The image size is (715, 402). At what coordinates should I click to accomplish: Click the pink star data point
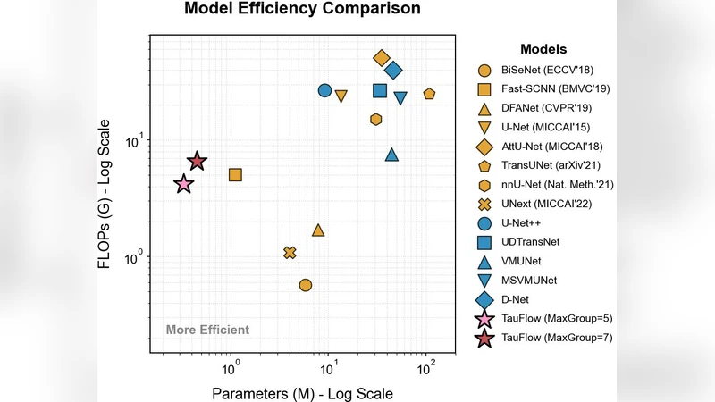[183, 184]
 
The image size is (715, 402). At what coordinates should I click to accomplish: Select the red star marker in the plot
[198, 162]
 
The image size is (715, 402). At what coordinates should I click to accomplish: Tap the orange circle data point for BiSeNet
[306, 285]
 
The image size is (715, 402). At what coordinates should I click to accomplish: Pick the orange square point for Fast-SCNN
[235, 175]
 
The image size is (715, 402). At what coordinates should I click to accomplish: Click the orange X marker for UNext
[290, 253]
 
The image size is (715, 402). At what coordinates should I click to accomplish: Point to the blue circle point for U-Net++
[324, 90]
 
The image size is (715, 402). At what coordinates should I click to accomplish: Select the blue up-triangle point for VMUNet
[391, 155]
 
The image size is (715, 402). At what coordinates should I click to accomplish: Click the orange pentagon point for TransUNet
[429, 94]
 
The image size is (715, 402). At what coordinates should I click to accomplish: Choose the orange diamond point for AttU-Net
[382, 58]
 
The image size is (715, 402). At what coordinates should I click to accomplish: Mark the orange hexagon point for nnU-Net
[376, 119]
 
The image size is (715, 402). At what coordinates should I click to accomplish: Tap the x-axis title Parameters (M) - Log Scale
[302, 393]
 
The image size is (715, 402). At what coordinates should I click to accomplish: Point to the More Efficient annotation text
[207, 331]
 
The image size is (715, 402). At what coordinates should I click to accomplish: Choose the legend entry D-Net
[517, 299]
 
